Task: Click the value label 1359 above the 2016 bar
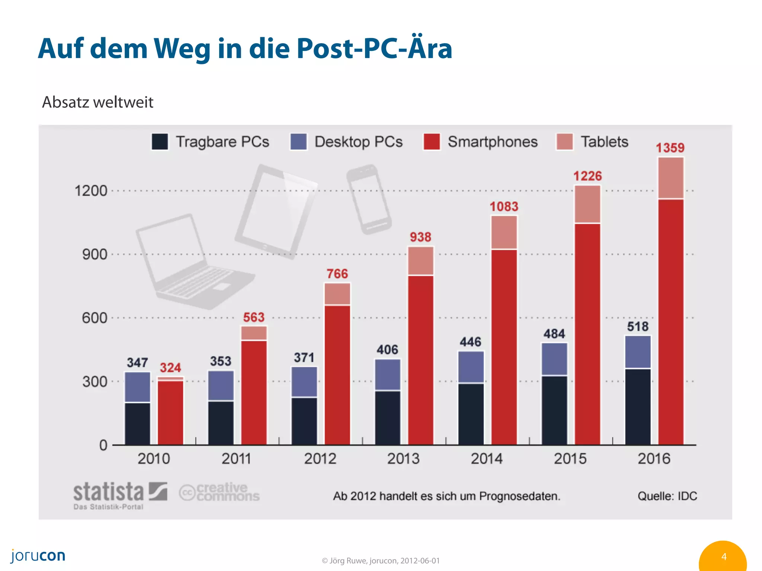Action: click(x=670, y=148)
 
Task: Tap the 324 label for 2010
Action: click(x=170, y=368)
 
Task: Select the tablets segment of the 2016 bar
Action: click(x=671, y=178)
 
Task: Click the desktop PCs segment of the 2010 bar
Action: click(x=137, y=387)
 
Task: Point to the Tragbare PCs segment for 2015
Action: click(x=554, y=410)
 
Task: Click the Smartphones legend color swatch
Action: click(x=432, y=142)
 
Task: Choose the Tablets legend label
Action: click(x=605, y=142)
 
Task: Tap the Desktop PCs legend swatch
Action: click(x=298, y=142)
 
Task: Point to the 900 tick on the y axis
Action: click(x=95, y=255)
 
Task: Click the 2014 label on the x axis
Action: click(x=487, y=458)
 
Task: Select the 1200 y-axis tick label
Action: click(x=91, y=191)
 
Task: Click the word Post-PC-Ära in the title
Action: click(x=374, y=48)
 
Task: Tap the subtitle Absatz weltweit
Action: click(x=97, y=102)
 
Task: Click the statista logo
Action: click(x=120, y=494)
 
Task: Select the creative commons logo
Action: click(x=220, y=492)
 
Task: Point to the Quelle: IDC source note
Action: click(x=667, y=496)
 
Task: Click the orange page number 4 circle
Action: click(x=723, y=557)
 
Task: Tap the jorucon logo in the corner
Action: click(x=38, y=556)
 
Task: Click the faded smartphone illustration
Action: click(x=369, y=199)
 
